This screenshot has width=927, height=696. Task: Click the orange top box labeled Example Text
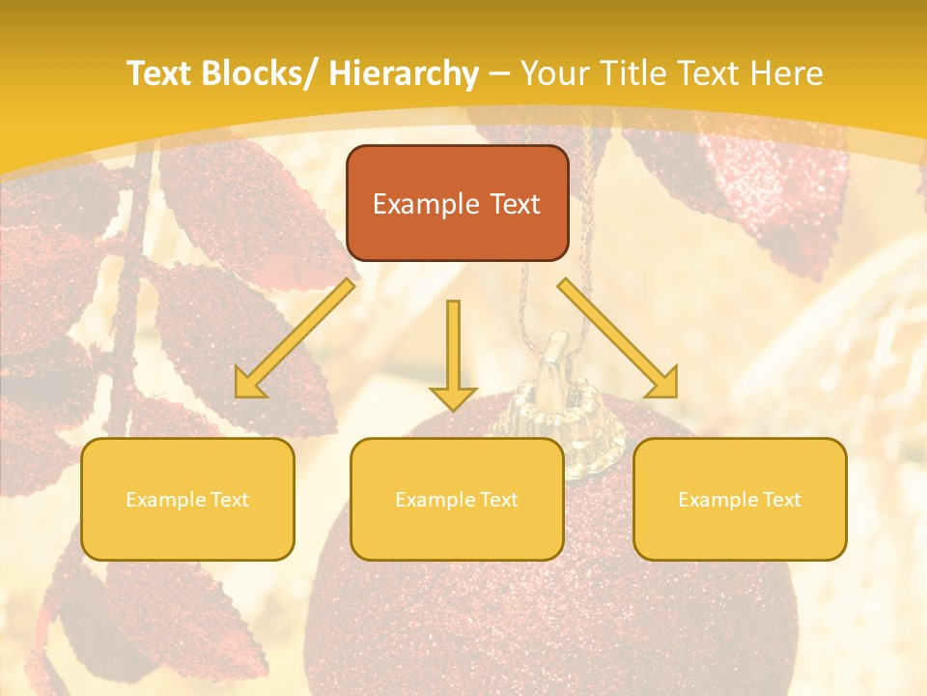click(457, 203)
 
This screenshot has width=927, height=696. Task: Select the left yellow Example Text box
click(187, 499)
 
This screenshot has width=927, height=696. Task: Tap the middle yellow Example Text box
click(457, 499)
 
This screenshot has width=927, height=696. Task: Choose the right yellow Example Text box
click(740, 499)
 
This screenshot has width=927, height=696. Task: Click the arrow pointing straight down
click(453, 354)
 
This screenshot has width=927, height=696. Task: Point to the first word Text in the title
click(157, 73)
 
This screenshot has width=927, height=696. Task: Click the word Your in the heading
click(552, 73)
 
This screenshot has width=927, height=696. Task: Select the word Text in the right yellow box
click(781, 500)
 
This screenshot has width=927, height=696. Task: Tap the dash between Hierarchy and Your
click(499, 73)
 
